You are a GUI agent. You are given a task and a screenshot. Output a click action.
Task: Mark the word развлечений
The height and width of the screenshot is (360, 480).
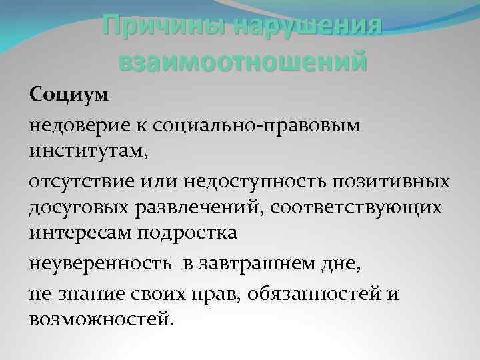click(199, 207)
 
